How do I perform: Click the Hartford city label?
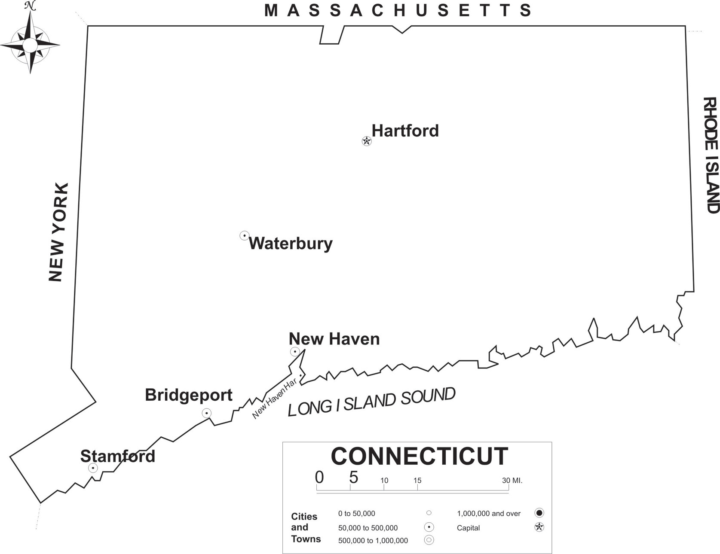point(405,131)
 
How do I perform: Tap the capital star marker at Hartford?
point(367,141)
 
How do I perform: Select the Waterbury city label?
point(291,244)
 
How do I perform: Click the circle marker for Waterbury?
point(244,235)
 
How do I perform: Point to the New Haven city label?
point(334,339)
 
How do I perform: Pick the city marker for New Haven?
point(295,352)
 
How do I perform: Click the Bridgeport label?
point(188,395)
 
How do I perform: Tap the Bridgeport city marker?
point(207,413)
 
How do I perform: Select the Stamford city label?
point(117,456)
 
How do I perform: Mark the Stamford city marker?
point(93,468)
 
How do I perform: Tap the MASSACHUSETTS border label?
point(398,10)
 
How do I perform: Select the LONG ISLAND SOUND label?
point(371,402)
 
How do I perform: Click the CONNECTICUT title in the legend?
point(419,456)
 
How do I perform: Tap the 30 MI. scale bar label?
point(512,481)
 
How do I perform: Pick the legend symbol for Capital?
point(539,527)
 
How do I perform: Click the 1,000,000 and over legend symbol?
point(539,513)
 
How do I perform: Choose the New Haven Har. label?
point(275,399)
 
